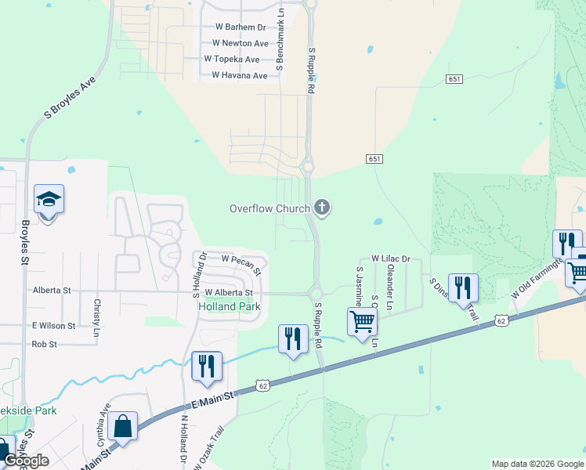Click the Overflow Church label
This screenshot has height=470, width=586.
(x=268, y=208)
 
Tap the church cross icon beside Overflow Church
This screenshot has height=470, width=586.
(x=321, y=208)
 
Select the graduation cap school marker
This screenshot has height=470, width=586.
(x=49, y=201)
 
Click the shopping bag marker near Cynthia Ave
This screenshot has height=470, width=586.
(x=122, y=427)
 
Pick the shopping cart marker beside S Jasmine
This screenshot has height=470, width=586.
(x=362, y=321)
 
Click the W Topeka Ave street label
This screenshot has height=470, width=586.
(x=231, y=60)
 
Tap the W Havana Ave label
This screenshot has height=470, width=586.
(x=239, y=76)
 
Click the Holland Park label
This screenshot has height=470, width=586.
(x=228, y=306)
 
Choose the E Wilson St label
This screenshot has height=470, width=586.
(x=53, y=325)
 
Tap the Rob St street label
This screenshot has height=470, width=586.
(x=45, y=344)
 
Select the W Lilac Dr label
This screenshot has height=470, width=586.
(x=391, y=258)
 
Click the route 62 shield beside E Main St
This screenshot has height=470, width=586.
(x=263, y=386)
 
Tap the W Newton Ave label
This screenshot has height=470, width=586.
(x=241, y=44)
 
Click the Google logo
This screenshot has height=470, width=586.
(x=26, y=461)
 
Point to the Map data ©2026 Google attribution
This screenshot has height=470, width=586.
(x=537, y=464)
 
